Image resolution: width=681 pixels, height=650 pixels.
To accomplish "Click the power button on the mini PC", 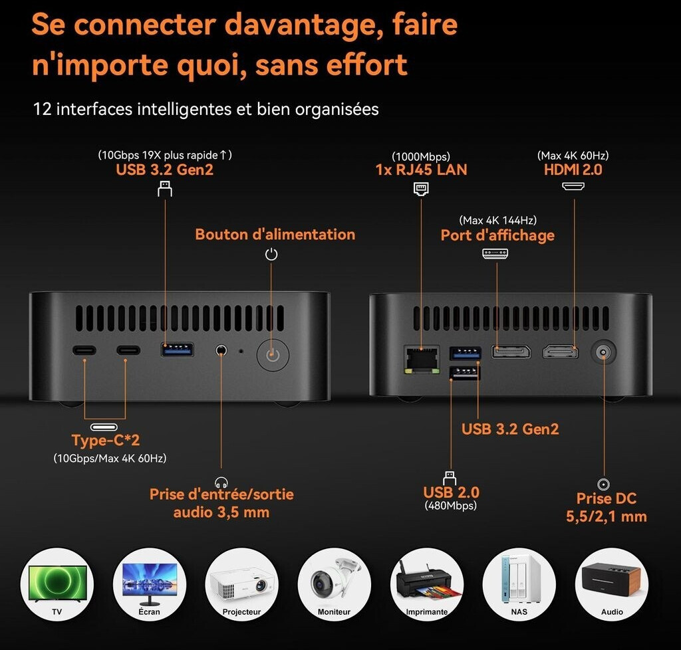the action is (x=273, y=355).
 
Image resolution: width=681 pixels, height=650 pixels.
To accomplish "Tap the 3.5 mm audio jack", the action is (x=221, y=350).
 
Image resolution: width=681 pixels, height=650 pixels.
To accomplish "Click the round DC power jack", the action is (x=603, y=352).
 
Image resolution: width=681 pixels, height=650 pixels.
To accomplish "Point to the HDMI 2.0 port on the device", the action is (x=560, y=352).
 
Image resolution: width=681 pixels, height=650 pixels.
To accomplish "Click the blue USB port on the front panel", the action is (x=177, y=350).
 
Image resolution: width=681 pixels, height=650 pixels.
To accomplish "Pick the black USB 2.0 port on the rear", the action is (x=464, y=372).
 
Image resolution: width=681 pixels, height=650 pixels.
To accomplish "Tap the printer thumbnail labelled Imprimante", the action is (x=426, y=584).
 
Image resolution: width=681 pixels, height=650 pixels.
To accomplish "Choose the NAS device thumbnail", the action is (x=519, y=584).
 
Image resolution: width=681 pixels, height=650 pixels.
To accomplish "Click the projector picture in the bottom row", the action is (x=241, y=584).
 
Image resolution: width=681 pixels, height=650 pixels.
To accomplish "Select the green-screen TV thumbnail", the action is (x=57, y=584).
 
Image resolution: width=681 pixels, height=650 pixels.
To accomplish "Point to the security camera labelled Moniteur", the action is (x=334, y=584).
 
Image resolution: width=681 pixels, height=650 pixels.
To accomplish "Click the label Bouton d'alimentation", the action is (x=275, y=235).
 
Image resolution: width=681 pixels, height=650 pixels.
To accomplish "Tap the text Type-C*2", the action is (x=106, y=440).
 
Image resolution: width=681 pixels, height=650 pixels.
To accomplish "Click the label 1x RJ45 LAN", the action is (x=421, y=169).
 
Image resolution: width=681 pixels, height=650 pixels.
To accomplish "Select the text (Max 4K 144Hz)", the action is (x=497, y=220).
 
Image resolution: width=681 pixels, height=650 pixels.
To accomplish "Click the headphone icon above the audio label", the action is (x=221, y=482).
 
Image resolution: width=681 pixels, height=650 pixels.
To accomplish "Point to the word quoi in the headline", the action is (x=212, y=65).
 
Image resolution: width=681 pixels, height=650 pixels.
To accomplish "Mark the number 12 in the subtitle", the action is (x=42, y=109).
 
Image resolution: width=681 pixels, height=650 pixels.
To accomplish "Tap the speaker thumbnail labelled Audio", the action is (x=612, y=584).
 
